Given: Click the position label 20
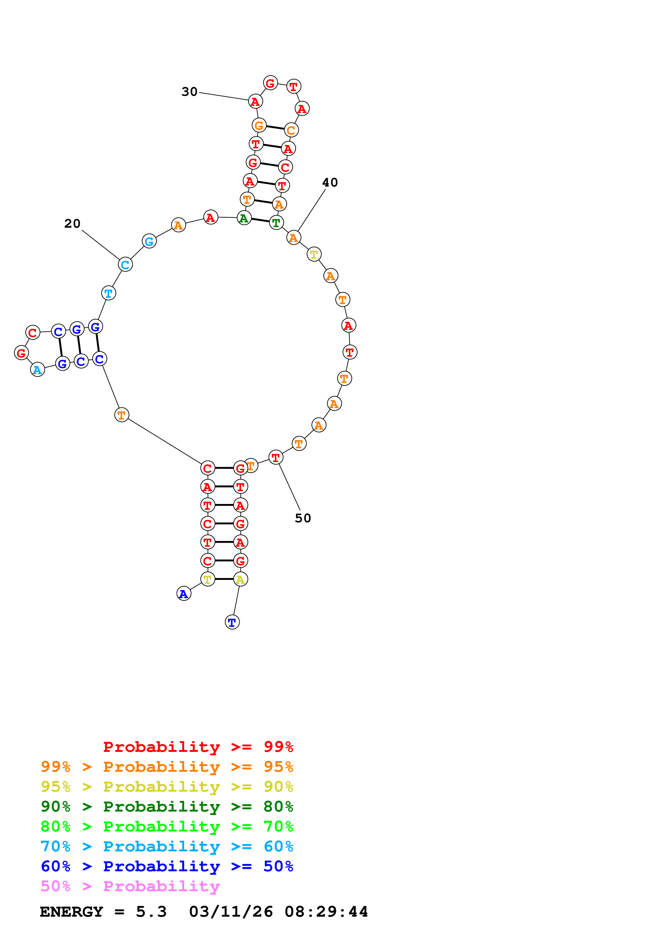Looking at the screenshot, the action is tap(72, 223).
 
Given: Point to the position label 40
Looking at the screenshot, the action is tap(330, 183).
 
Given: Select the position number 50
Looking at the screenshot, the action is tap(303, 518).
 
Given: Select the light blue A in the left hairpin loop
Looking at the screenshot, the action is tap(38, 369).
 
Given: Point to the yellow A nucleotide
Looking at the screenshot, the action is tap(240, 579).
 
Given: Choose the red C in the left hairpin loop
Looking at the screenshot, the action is tap(33, 333).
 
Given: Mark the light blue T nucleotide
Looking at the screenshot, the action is tap(109, 293).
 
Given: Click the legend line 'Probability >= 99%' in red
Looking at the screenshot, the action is tap(198, 747).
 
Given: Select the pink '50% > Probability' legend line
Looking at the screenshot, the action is tap(130, 886).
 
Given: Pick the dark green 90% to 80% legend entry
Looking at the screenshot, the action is tap(167, 807).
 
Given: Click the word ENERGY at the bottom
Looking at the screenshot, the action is tap(71, 912).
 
